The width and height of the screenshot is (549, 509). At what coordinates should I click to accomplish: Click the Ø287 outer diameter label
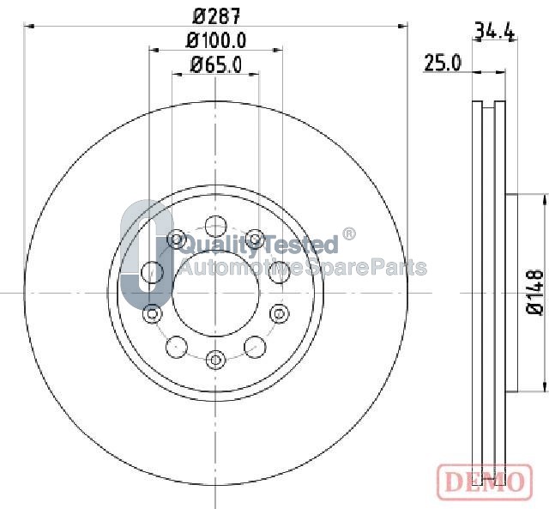(x=217, y=16)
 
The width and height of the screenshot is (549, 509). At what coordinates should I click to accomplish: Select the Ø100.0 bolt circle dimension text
(x=216, y=40)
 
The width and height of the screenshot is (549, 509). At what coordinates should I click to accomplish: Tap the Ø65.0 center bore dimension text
(x=216, y=65)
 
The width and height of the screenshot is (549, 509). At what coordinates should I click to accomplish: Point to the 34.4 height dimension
(x=495, y=31)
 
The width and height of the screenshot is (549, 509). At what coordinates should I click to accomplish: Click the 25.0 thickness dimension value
(x=443, y=64)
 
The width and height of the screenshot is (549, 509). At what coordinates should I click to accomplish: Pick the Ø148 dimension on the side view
(x=536, y=292)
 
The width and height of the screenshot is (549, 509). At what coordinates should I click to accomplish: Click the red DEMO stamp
(x=485, y=482)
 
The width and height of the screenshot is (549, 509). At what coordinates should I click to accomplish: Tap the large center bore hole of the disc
(x=216, y=294)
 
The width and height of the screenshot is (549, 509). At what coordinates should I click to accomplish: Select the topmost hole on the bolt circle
(x=216, y=227)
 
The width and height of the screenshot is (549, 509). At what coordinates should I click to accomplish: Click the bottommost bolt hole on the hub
(x=215, y=360)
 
